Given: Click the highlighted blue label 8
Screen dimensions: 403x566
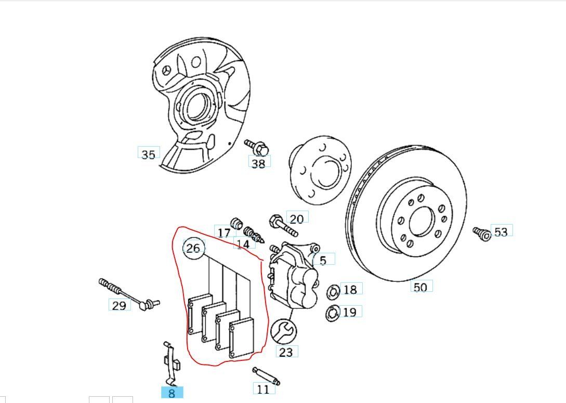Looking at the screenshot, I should (x=172, y=393).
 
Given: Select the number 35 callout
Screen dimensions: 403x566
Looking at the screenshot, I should (x=148, y=154).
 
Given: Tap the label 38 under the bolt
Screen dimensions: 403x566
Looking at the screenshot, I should (x=258, y=163).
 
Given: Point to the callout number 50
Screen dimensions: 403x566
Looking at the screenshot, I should (x=420, y=287).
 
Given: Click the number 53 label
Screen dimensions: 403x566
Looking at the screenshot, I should (x=501, y=231).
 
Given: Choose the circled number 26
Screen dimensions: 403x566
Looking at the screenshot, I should (x=193, y=248).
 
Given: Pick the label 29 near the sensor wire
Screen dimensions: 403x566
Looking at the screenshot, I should (x=119, y=305).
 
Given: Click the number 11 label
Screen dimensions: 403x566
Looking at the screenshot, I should (x=264, y=388).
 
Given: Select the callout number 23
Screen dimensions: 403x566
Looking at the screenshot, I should (x=286, y=352).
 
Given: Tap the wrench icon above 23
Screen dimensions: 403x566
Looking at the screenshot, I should (x=284, y=331).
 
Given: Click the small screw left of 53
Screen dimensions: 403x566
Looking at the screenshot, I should (x=481, y=233).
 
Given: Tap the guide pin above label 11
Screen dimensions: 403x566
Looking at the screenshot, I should (x=266, y=376).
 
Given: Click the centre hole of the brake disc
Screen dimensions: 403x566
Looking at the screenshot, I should (x=422, y=223).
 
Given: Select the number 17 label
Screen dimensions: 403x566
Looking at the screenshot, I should (x=224, y=232).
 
